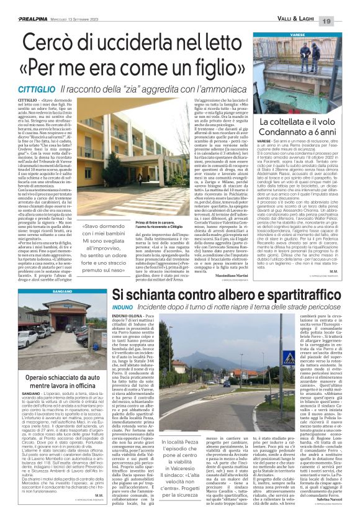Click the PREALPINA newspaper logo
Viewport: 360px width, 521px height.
click(x=22, y=6)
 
